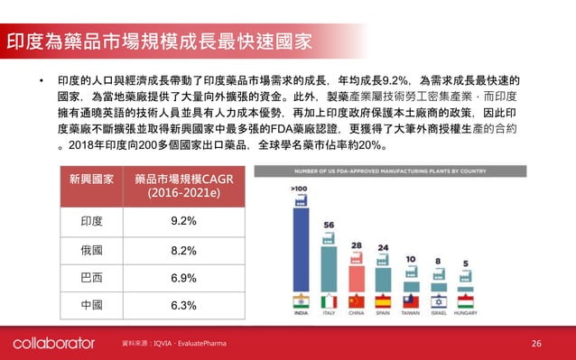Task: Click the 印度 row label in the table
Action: pyautogui.click(x=91, y=221)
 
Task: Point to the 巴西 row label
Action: pyautogui.click(x=91, y=277)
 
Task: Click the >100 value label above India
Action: pyautogui.click(x=299, y=188)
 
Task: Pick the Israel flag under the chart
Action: pyautogui.click(x=438, y=301)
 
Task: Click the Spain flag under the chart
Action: pyautogui.click(x=383, y=301)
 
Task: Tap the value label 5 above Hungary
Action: pyautogui.click(x=465, y=264)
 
